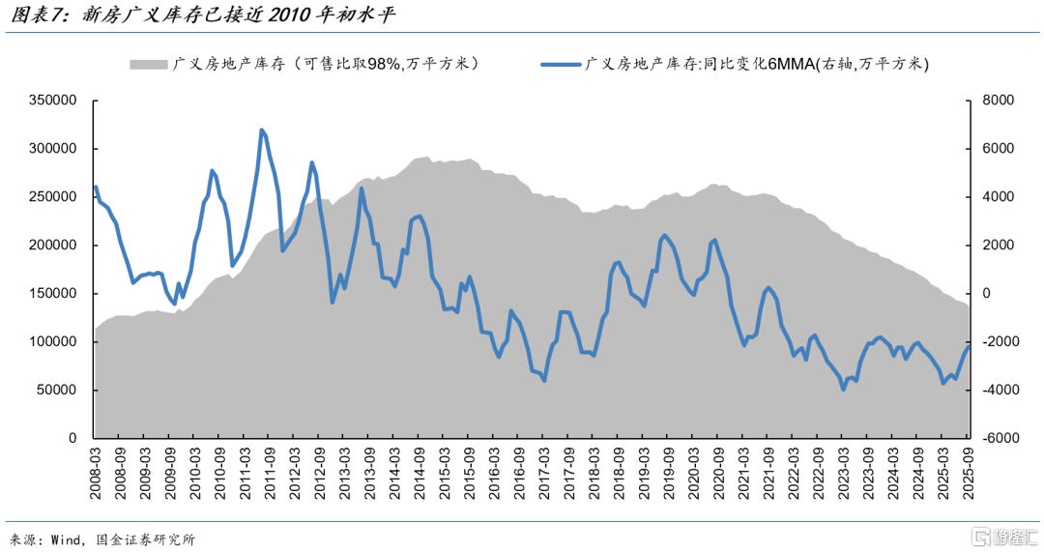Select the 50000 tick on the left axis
[59, 391]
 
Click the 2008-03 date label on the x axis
[97, 475]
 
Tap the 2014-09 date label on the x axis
[420, 475]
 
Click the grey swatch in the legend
[148, 65]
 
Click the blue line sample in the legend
[561, 65]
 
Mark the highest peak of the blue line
[262, 130]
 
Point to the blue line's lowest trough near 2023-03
[843, 390]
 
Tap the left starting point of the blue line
[95, 187]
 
